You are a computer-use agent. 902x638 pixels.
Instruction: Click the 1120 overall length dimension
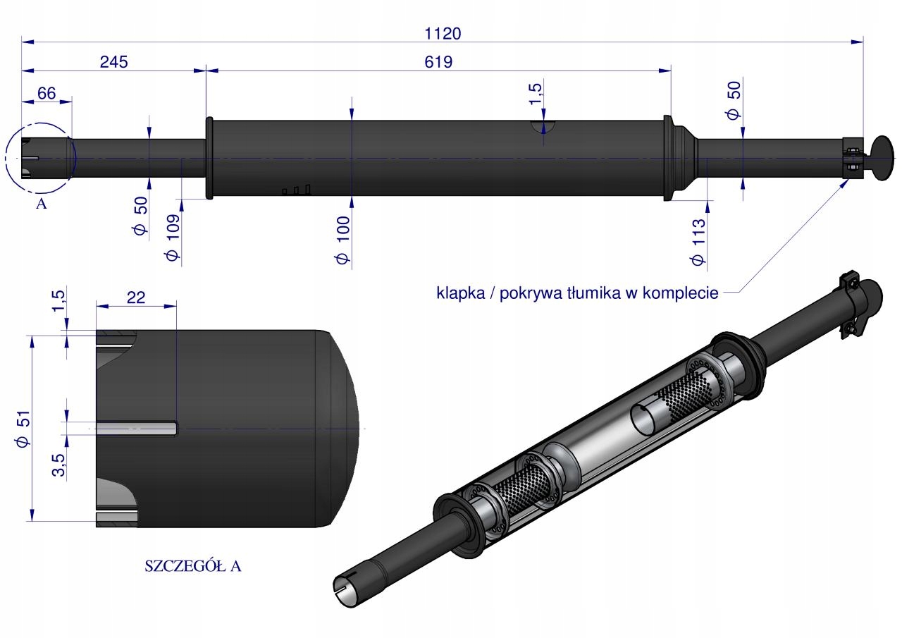[x=442, y=32]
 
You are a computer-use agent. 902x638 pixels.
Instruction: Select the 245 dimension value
[x=113, y=61]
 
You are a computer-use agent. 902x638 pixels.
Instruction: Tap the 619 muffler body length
[x=438, y=61]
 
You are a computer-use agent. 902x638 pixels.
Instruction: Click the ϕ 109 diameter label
[x=172, y=237]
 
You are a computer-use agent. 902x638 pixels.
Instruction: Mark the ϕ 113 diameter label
[x=698, y=242]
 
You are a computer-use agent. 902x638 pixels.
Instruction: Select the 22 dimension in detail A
[x=136, y=297]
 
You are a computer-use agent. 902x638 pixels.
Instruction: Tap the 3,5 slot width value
[x=58, y=466]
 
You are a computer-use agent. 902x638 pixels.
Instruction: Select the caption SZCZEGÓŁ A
[x=192, y=566]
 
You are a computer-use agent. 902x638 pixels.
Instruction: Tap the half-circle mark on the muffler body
[x=543, y=126]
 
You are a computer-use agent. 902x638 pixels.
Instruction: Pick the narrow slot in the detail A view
[x=137, y=428]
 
